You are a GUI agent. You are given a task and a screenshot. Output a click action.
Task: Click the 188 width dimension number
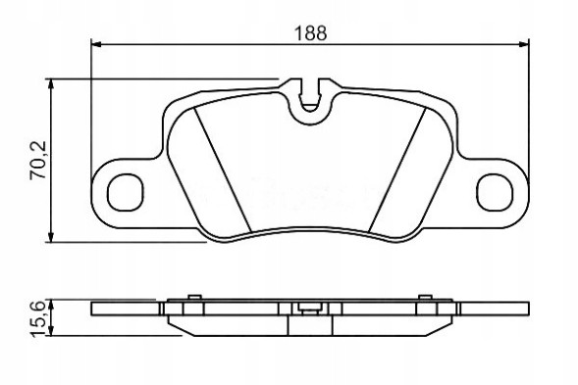coord(310,31)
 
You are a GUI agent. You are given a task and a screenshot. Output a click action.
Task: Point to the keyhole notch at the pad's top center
coord(311,94)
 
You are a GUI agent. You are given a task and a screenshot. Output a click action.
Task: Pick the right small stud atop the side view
coord(428,298)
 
